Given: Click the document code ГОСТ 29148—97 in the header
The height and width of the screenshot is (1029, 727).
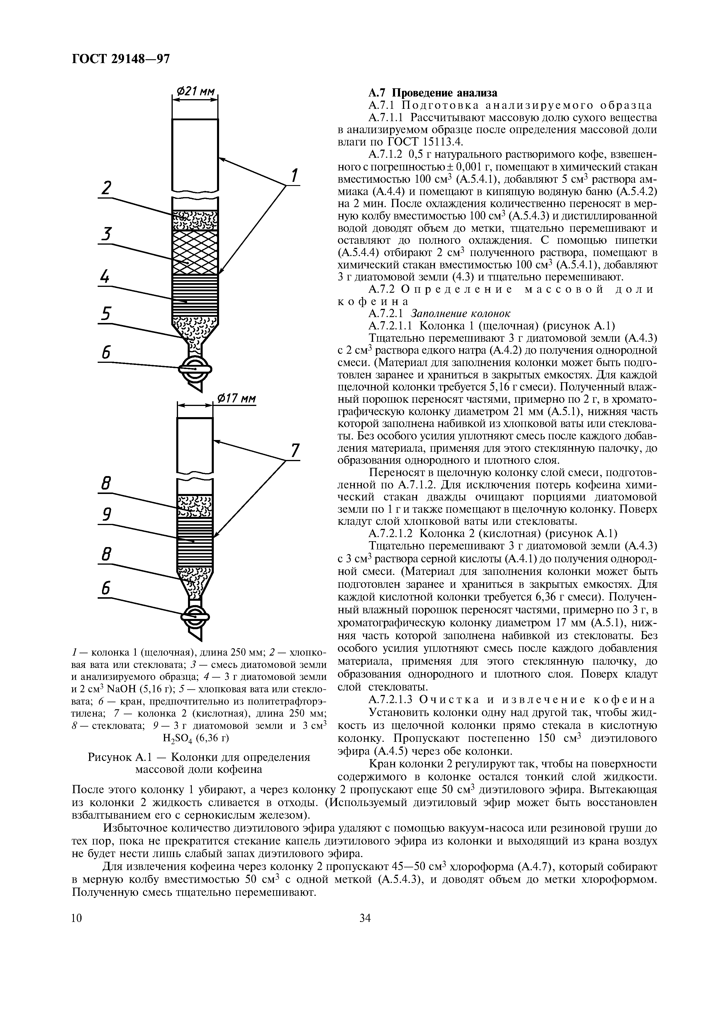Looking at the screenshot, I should click(x=121, y=59).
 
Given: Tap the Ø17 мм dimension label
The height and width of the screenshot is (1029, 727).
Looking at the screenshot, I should click(x=235, y=398).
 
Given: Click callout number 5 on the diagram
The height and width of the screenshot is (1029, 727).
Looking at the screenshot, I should click(x=106, y=313).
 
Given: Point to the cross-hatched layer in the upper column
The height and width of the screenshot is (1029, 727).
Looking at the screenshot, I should click(x=195, y=252).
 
